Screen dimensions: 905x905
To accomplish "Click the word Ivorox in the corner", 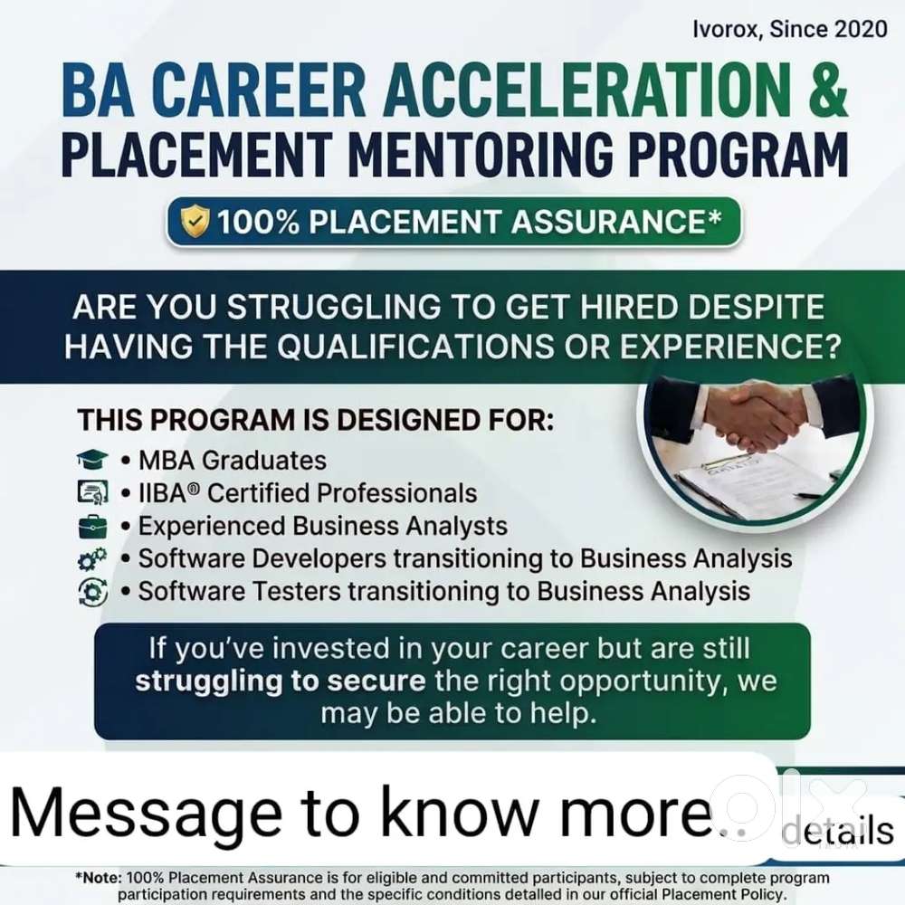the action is pyautogui.click(x=725, y=29).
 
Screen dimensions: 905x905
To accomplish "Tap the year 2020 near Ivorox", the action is pyautogui.click(x=861, y=29).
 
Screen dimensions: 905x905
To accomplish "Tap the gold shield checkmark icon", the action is pyautogui.click(x=195, y=221).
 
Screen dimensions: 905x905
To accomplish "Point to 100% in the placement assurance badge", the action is pyautogui.click(x=258, y=222).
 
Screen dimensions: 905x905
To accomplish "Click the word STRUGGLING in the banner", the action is pyautogui.click(x=334, y=307).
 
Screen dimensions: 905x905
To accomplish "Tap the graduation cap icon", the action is pyautogui.click(x=92, y=460).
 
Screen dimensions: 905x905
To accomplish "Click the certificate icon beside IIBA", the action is pyautogui.click(x=92, y=492).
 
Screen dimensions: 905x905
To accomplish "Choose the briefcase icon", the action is pyautogui.click(x=92, y=526).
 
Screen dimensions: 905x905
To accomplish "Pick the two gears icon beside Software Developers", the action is pyautogui.click(x=92, y=558).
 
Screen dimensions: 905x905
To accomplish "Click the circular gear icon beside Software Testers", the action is pyautogui.click(x=92, y=592).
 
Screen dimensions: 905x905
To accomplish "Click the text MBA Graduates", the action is pyautogui.click(x=233, y=461).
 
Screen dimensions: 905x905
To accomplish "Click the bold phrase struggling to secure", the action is pyautogui.click(x=281, y=681).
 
